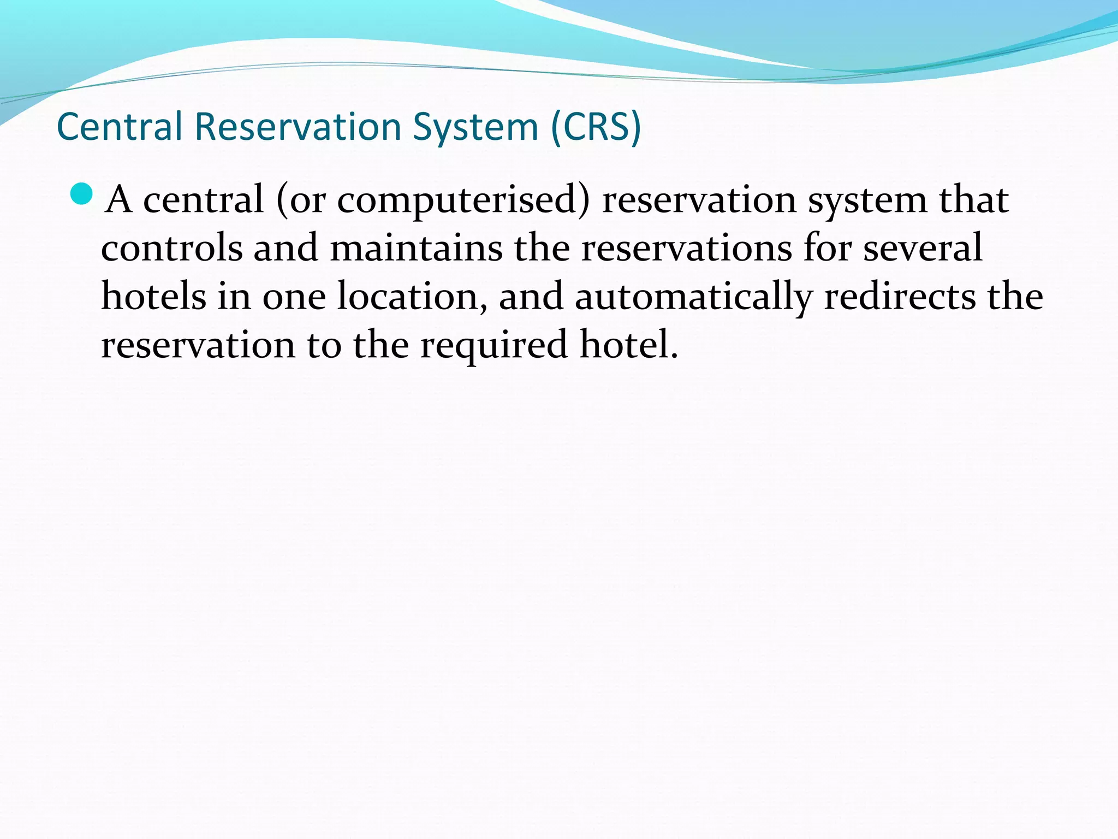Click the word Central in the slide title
119,127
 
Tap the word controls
171,248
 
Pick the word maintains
416,248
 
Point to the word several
923,248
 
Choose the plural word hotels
154,296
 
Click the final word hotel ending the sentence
628,344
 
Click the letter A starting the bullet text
119,200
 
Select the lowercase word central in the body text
203,200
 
